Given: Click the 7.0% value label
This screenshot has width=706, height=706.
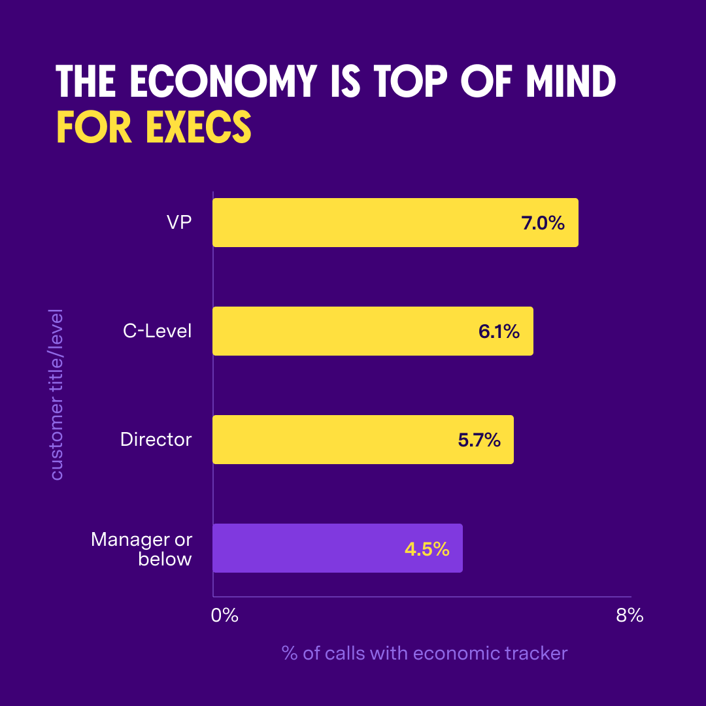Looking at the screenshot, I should [x=543, y=223].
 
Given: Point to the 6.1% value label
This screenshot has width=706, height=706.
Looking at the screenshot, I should [x=499, y=331].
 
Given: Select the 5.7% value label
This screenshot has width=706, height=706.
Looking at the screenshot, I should [x=479, y=440].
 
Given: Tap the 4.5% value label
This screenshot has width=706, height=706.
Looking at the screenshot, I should [x=427, y=548].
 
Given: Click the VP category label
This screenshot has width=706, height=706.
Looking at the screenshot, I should [x=178, y=223].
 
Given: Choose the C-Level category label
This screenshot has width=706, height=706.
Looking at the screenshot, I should [x=158, y=331].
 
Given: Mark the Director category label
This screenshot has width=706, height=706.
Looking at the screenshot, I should [x=156, y=439].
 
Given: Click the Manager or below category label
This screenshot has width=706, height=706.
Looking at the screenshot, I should [x=142, y=549].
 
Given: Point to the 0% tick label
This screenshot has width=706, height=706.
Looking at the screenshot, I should [x=225, y=615].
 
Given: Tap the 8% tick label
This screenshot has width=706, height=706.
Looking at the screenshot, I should [x=630, y=615].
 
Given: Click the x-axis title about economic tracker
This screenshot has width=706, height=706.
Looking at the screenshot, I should [x=425, y=653].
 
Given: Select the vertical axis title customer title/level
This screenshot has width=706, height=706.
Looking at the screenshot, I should [x=58, y=394].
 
